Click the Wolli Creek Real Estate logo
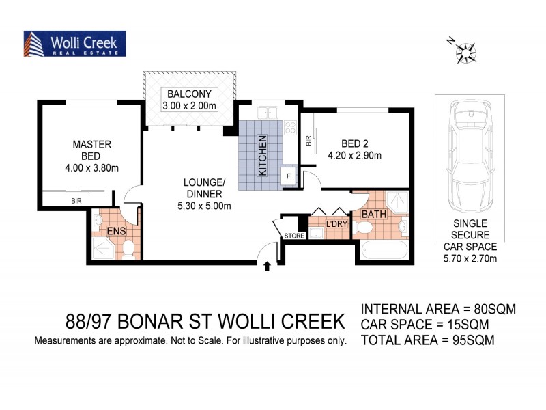[74, 44]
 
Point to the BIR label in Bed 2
[309, 142]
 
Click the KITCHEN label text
[262, 156]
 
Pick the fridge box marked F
[288, 176]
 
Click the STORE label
[294, 237]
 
